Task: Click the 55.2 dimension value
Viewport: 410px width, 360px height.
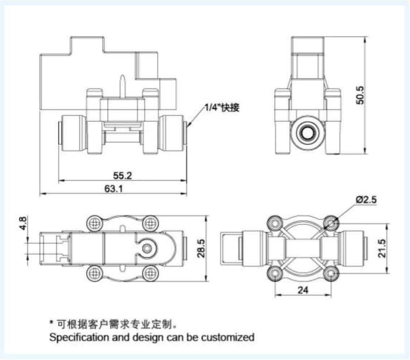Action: (122, 176)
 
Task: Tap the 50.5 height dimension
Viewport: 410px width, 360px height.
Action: (360, 95)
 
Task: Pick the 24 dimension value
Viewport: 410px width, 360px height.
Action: (303, 290)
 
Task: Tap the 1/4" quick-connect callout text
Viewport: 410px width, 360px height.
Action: (221, 107)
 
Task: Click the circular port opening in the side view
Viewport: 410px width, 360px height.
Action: (307, 133)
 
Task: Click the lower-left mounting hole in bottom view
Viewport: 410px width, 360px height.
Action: (276, 274)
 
